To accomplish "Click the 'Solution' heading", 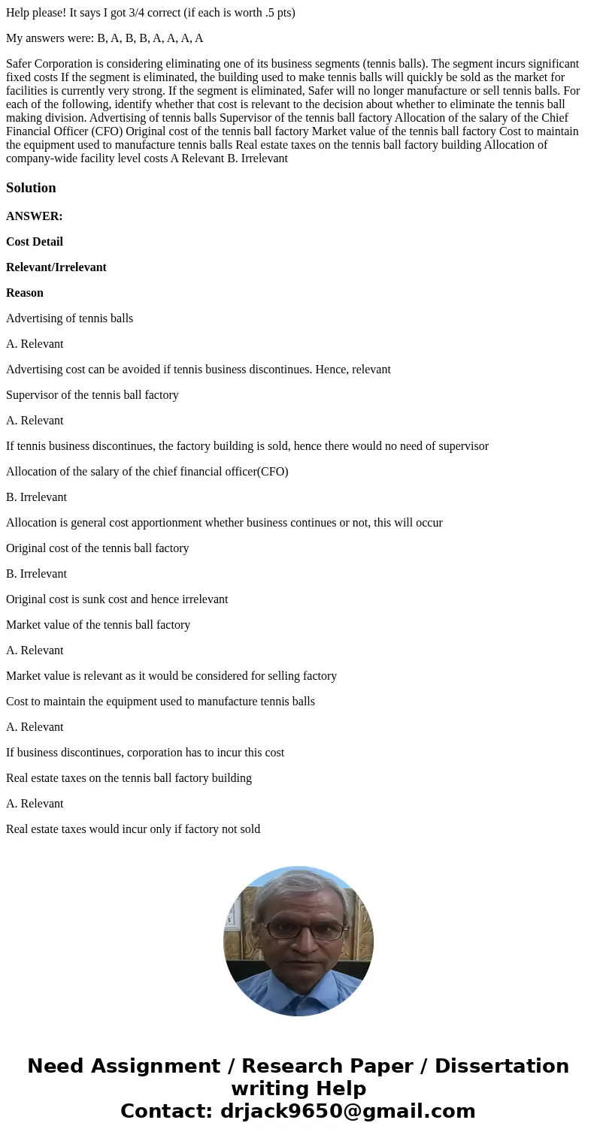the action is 31,188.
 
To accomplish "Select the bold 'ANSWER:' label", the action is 34,216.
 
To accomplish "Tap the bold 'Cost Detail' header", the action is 35,242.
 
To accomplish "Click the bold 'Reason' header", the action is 25,293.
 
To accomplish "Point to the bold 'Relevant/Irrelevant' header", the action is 56,267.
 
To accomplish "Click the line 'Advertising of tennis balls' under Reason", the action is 69,318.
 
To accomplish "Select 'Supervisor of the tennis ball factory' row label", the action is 92,395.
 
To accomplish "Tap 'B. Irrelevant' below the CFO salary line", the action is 36,497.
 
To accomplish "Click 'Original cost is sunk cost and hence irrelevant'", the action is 117,599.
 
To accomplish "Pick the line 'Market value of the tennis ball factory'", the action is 98,625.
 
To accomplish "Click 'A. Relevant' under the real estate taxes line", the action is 35,804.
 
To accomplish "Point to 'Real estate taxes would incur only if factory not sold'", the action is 133,829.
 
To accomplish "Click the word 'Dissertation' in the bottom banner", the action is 502,1067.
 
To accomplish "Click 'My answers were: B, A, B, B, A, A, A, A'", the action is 105,38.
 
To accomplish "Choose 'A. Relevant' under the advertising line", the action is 35,344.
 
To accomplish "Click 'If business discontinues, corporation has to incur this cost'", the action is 145,753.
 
